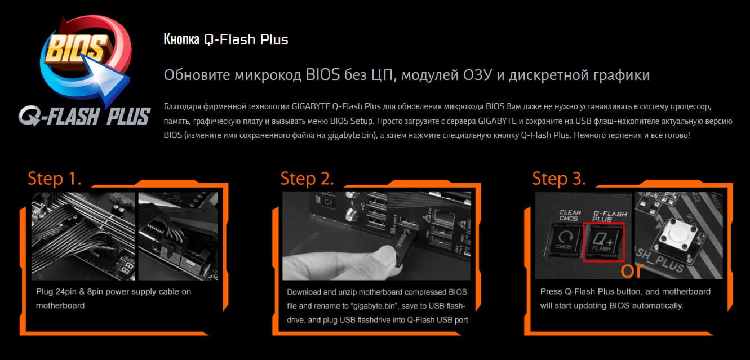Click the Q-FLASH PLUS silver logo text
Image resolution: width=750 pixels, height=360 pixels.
point(85,116)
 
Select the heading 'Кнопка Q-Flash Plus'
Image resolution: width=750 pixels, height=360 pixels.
point(225,39)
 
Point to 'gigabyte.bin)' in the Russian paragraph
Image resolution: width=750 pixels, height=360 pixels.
point(352,135)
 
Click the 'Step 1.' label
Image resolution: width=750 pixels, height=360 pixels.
point(55,178)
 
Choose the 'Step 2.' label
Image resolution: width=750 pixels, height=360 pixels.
point(307,178)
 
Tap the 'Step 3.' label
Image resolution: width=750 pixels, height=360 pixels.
point(559,178)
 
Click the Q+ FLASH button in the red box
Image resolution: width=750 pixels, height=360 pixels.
point(603,241)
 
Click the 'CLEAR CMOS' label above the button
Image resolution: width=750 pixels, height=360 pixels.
point(570,215)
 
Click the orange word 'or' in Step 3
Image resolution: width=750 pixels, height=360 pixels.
point(632,270)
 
